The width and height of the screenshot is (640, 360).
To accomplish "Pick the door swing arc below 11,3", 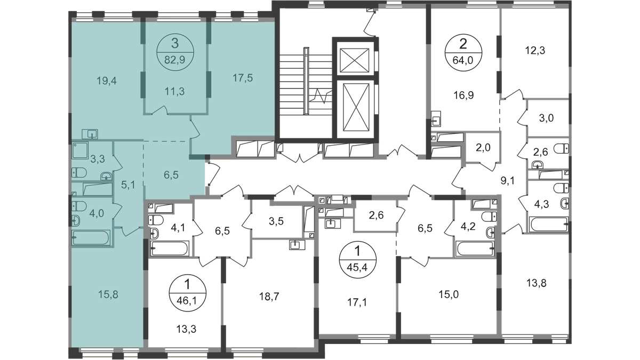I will click(160, 109).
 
